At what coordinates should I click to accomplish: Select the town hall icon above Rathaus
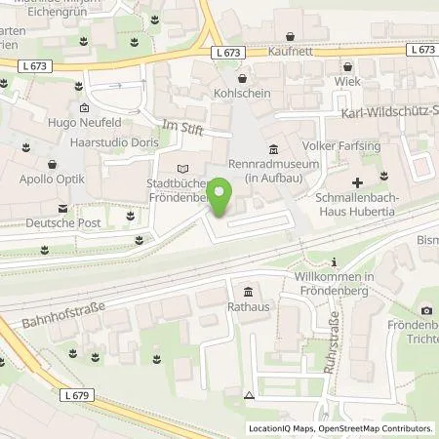pos(248,294)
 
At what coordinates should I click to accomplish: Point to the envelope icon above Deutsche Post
pos(62,208)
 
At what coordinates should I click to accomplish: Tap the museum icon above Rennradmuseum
pos(272,149)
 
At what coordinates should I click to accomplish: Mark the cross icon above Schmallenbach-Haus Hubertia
pos(358,182)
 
